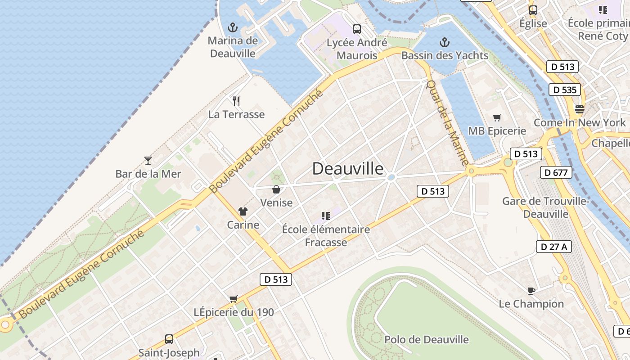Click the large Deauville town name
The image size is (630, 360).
coord(348,169)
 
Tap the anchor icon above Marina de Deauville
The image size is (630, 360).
coord(233,27)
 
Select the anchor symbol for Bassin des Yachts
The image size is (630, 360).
coord(444,42)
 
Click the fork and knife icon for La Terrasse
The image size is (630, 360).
coord(236,101)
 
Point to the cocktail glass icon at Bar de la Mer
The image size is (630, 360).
coord(148,160)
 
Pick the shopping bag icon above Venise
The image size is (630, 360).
coord(276,189)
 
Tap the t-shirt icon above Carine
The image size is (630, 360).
coord(243,211)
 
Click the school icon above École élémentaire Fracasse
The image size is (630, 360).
coord(325,216)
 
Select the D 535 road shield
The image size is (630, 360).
coord(564,90)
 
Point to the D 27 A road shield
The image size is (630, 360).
coord(553,247)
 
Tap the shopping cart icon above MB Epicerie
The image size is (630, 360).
coord(497,117)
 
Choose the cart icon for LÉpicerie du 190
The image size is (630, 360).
coord(233,299)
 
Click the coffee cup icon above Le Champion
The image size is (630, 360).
coord(531,290)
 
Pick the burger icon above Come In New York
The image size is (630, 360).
coord(579,109)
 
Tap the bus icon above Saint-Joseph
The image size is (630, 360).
coord(169,339)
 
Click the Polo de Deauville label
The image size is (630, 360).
coord(426,339)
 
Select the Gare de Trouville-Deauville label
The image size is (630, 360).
coord(545,207)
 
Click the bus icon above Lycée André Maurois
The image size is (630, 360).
coord(357,29)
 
